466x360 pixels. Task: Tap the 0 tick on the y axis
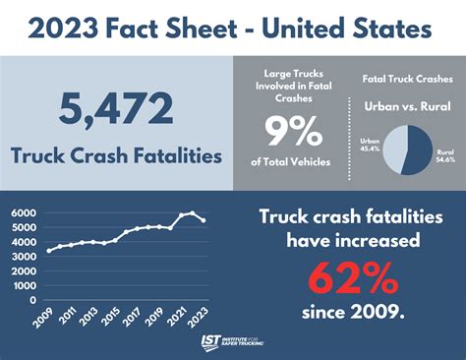point(32,300)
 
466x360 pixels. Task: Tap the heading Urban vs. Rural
point(400,104)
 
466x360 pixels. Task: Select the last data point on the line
point(203,220)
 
